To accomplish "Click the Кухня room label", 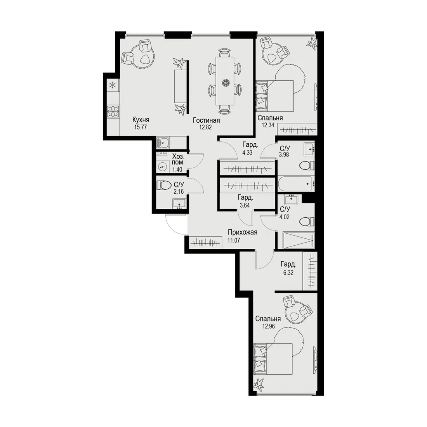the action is pos(141,120).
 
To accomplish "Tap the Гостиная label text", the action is pos(207,120).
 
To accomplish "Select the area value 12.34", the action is pos(268,125).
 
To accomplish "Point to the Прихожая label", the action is pos(242,232).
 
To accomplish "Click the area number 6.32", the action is pos(288,273).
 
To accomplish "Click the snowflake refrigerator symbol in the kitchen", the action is pos(112,85).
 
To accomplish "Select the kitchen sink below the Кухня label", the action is pos(163,143).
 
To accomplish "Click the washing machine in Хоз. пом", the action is pos(163,167).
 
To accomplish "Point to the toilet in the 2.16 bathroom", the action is pos(164,186).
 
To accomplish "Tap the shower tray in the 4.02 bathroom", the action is pos(299,240).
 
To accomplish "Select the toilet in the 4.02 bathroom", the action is pos(307,221).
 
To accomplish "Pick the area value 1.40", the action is pos(177,170).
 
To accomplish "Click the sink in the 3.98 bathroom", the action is pos(309,149).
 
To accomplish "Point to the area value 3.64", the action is pos(245,205).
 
